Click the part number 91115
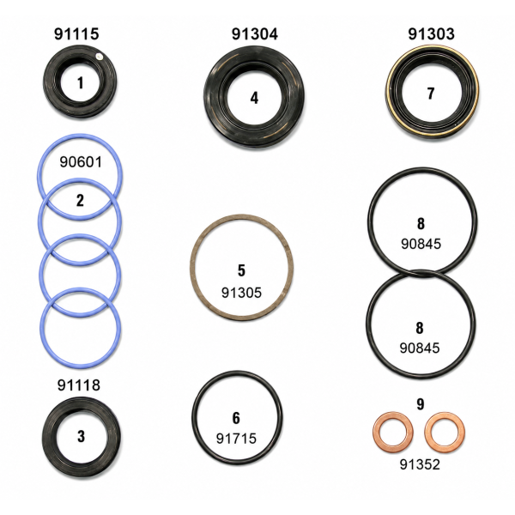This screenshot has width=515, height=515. [76, 33]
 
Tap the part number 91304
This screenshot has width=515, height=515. [255, 33]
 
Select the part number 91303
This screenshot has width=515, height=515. [431, 33]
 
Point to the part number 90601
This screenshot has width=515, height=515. [81, 162]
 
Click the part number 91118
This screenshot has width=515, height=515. [79, 385]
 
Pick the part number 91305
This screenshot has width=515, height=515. [241, 293]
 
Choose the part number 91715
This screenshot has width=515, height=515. [236, 439]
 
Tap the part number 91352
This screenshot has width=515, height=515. [420, 464]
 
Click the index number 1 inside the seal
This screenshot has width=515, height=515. [80, 82]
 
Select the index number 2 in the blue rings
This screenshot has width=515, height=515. [80, 200]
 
